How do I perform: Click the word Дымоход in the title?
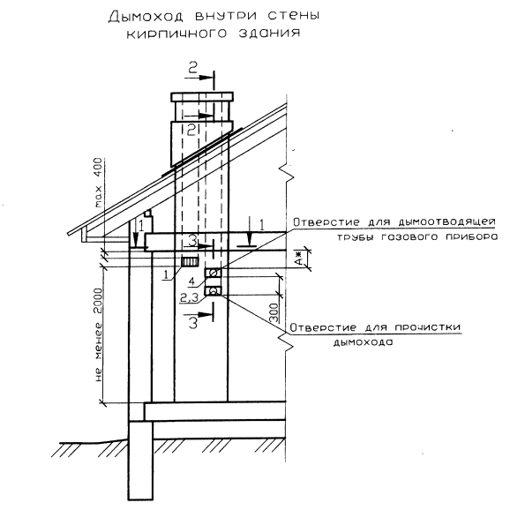point(147,17)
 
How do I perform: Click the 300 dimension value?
point(274,312)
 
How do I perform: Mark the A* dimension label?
point(300,259)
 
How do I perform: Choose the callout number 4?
point(191,281)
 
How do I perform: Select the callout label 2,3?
point(189,297)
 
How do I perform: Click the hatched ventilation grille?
point(191,261)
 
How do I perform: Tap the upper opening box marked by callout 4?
point(213,273)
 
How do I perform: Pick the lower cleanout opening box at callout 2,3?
point(213,291)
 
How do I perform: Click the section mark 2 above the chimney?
point(192,68)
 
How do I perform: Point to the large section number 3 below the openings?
point(193,322)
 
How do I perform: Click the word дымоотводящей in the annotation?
point(447,222)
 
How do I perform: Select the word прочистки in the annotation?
point(428,327)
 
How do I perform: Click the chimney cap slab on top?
point(202,97)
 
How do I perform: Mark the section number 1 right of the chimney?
point(261,225)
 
